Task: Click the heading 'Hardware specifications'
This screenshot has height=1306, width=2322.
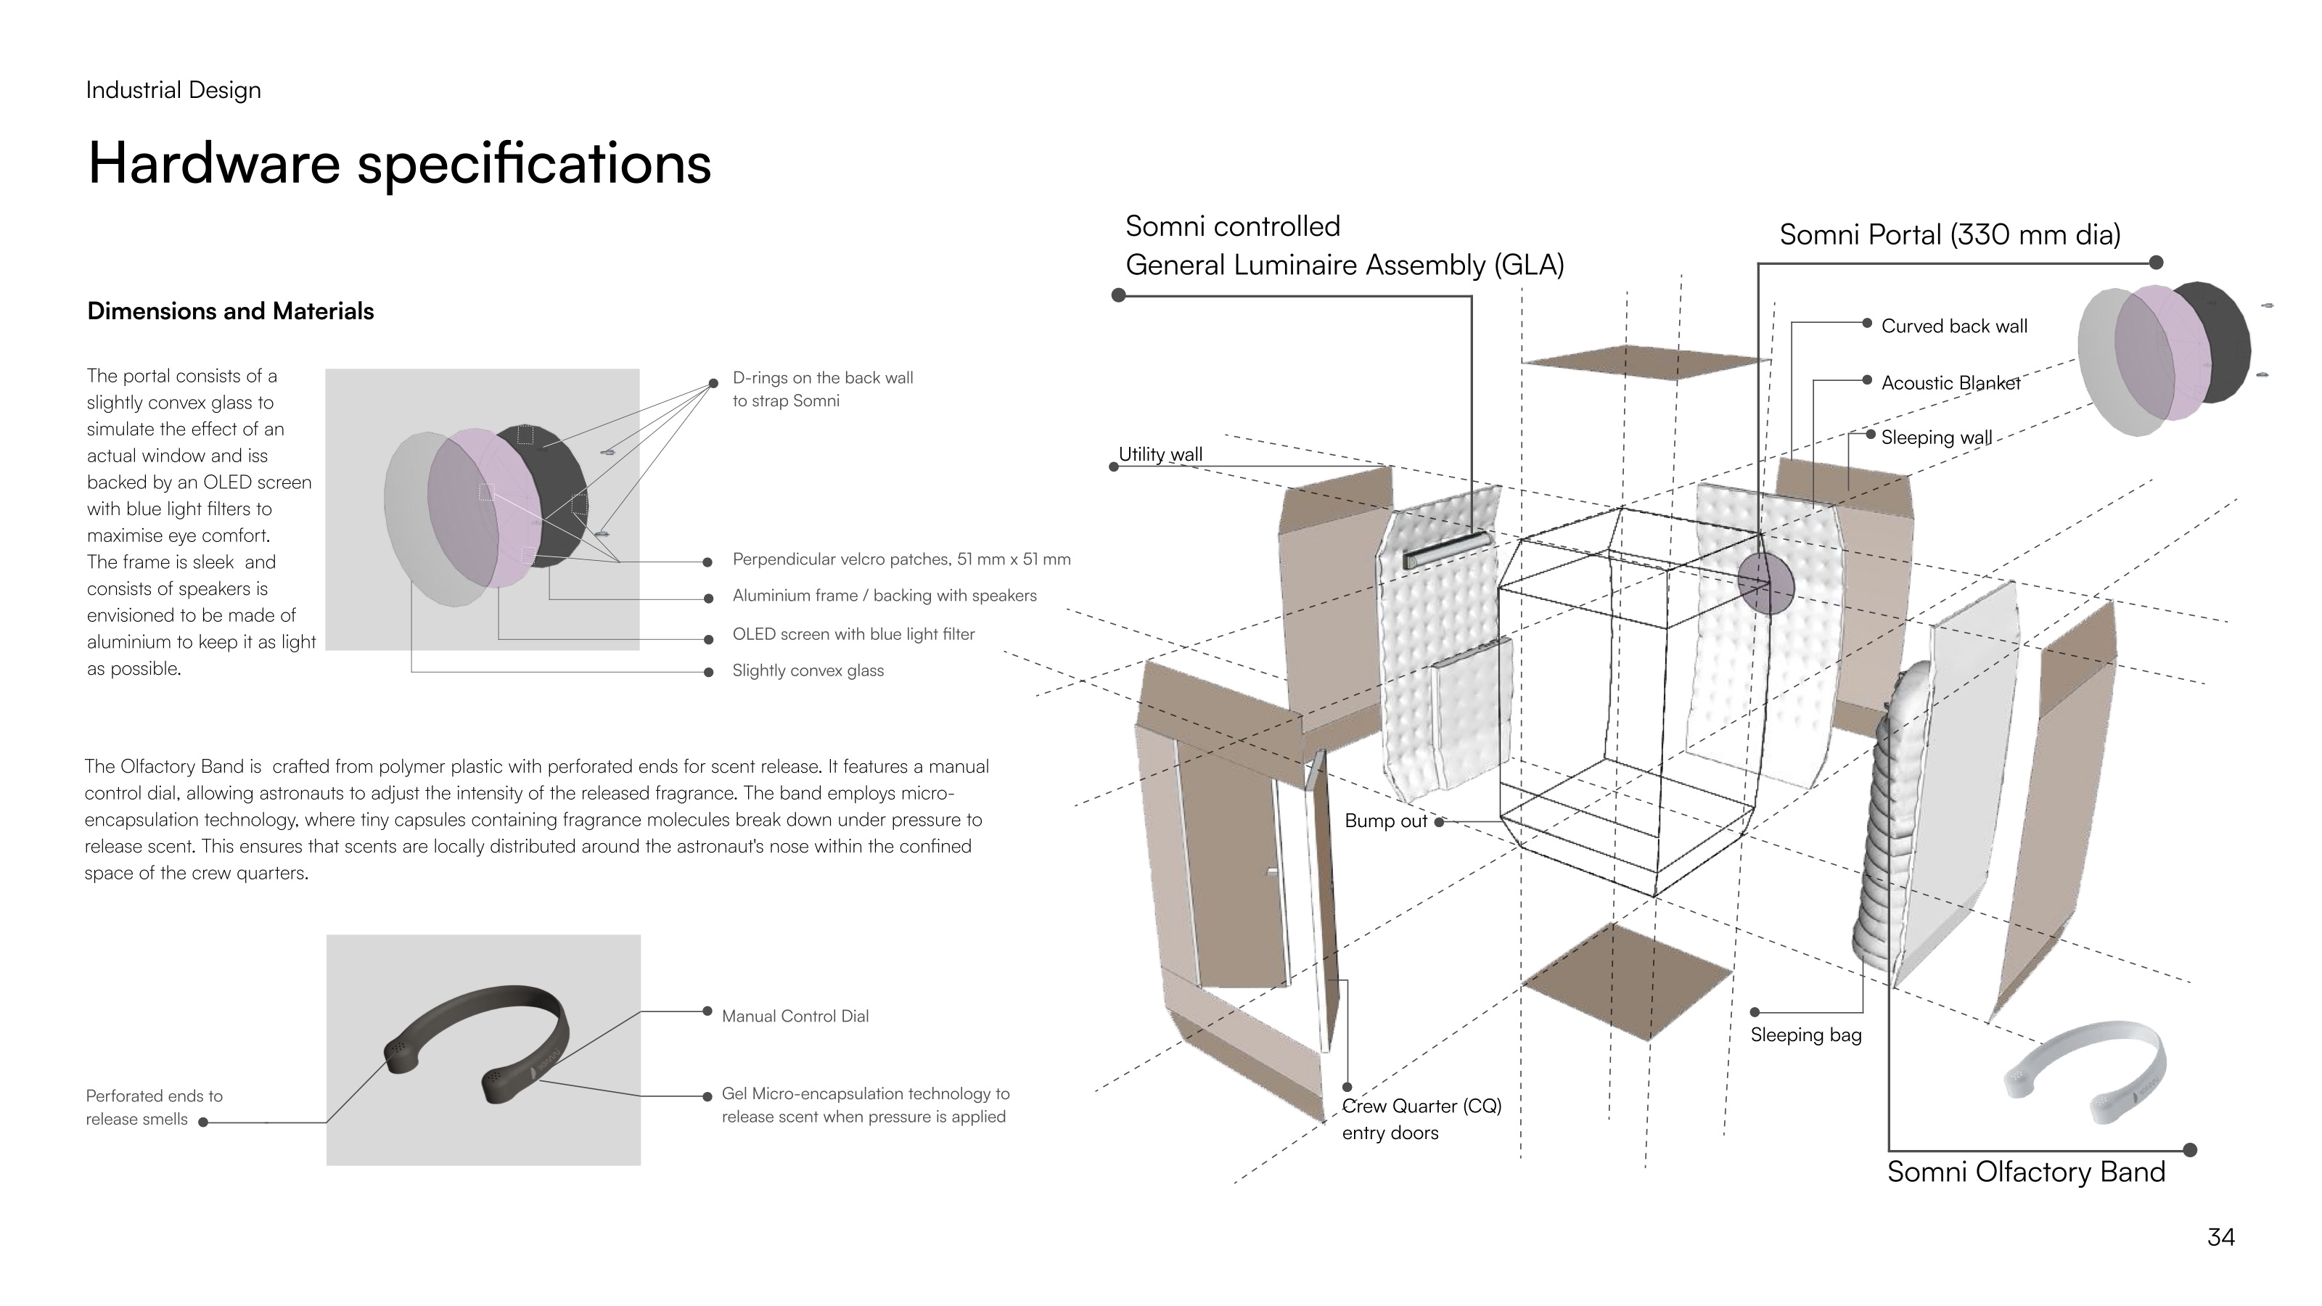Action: click(399, 164)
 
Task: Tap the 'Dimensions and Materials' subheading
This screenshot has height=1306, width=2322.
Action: click(231, 311)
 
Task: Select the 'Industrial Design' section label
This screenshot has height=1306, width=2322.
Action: click(173, 90)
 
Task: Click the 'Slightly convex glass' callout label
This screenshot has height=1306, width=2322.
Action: click(808, 670)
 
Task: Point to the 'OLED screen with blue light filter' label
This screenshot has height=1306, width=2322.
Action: click(853, 635)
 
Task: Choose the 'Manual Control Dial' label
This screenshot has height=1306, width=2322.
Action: click(795, 1016)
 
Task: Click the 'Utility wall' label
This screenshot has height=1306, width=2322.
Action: click(1160, 454)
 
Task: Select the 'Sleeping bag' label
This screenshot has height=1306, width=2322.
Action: click(1805, 1035)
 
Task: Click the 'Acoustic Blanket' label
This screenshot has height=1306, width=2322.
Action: click(1950, 383)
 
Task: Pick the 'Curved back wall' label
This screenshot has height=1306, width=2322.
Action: click(1954, 326)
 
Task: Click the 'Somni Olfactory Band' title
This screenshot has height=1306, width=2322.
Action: click(2025, 1172)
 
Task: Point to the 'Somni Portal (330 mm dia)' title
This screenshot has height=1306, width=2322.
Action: click(1950, 235)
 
